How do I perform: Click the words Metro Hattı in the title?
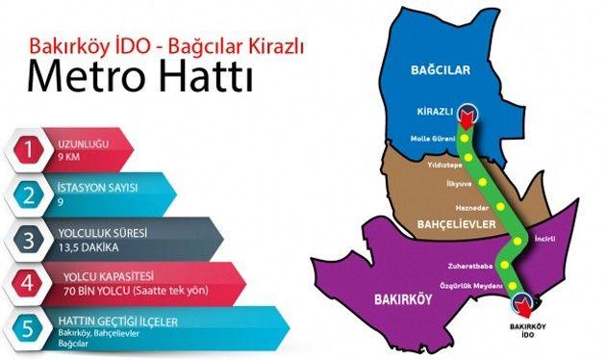(141, 78)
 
